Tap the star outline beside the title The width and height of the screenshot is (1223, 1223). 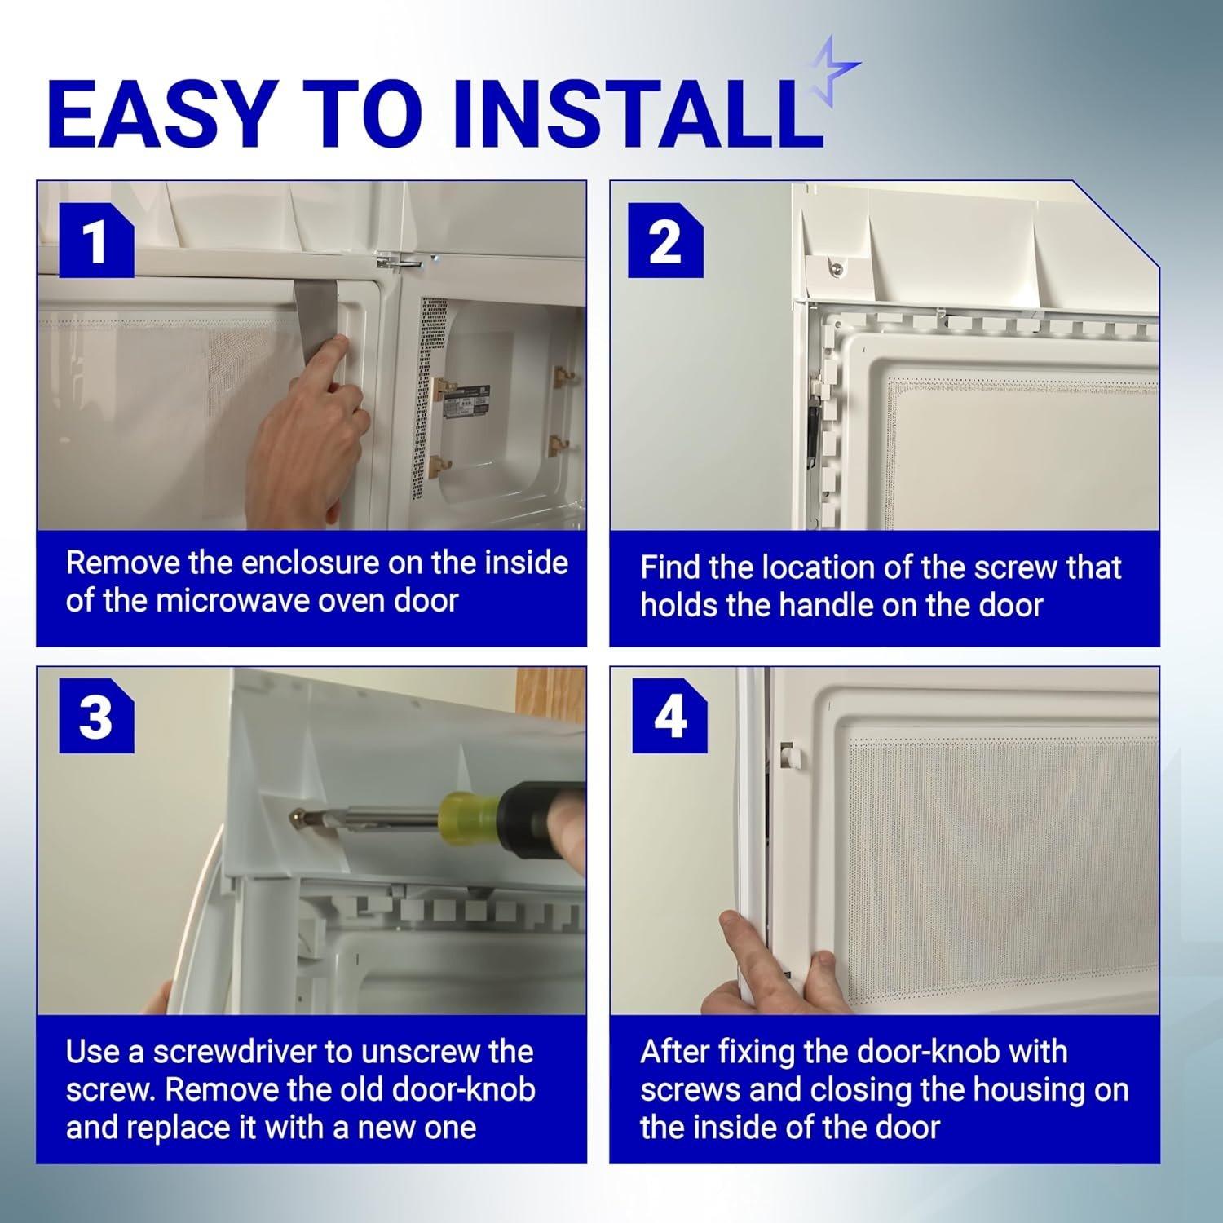[833, 71]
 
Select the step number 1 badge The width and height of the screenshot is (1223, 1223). [96, 241]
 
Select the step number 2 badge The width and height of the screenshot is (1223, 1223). [665, 241]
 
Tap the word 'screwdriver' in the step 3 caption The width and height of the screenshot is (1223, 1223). [234, 1052]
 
